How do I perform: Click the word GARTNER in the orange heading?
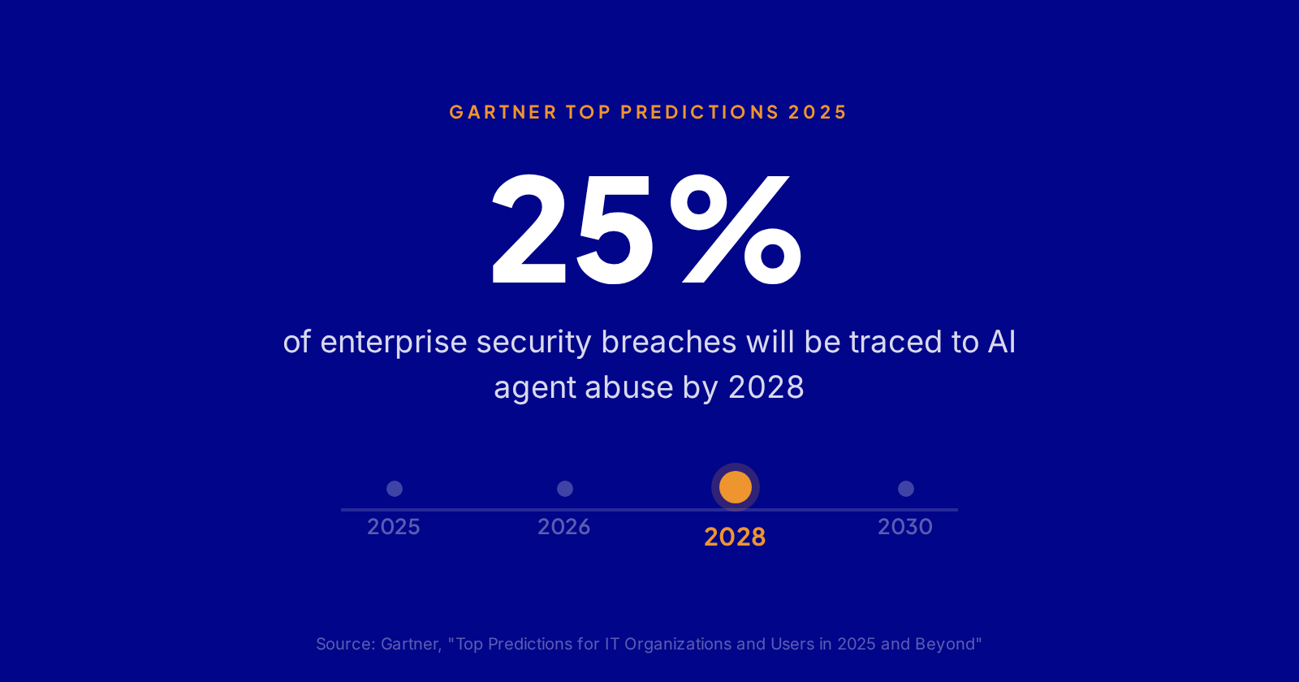[503, 112]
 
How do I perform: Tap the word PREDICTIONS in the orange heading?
[700, 112]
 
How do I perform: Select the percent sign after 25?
[736, 230]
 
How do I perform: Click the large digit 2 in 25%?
[529, 230]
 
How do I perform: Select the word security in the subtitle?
[534, 343]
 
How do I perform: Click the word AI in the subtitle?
[1002, 342]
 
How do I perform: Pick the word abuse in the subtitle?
[629, 387]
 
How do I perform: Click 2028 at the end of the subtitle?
[766, 387]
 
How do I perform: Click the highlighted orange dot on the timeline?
[736, 487]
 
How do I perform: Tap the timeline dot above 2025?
[395, 489]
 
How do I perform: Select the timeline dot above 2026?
[565, 489]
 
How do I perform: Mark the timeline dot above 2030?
[906, 489]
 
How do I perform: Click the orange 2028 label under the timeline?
[735, 537]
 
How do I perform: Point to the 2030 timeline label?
[905, 527]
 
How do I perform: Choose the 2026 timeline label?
[564, 527]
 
